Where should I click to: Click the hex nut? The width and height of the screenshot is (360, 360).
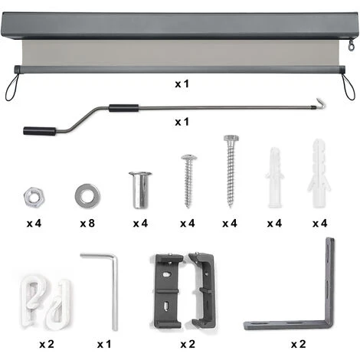click(x=34, y=197)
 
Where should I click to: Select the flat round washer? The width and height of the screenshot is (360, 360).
click(x=87, y=196)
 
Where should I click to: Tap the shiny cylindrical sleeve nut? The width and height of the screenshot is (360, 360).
click(x=140, y=190)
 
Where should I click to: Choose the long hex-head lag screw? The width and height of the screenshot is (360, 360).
click(x=231, y=171)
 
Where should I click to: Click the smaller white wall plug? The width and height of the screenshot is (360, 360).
click(x=275, y=177)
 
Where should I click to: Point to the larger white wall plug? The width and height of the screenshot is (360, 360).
click(x=319, y=173)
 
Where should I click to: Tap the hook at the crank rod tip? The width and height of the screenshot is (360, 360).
click(x=321, y=103)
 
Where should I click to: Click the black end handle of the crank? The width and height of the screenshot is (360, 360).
click(x=40, y=131)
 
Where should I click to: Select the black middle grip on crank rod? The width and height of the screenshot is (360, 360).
click(x=124, y=108)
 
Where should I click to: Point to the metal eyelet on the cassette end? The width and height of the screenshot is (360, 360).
click(x=352, y=45)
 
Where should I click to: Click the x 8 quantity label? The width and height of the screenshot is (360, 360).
click(x=87, y=224)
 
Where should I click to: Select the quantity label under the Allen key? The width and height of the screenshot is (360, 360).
click(x=104, y=344)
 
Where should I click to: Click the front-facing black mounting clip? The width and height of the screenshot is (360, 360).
click(x=169, y=290)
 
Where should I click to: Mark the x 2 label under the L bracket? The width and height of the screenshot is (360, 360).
click(x=298, y=344)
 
